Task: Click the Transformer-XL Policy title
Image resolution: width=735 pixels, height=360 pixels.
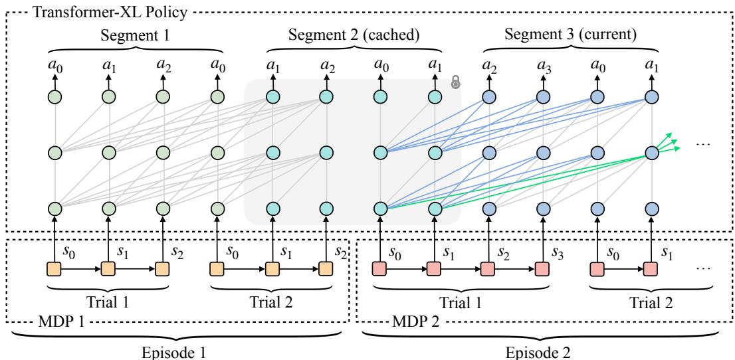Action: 76,12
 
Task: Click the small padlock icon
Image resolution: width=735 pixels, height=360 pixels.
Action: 456,82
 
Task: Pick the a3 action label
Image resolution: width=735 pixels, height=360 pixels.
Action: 544,67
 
